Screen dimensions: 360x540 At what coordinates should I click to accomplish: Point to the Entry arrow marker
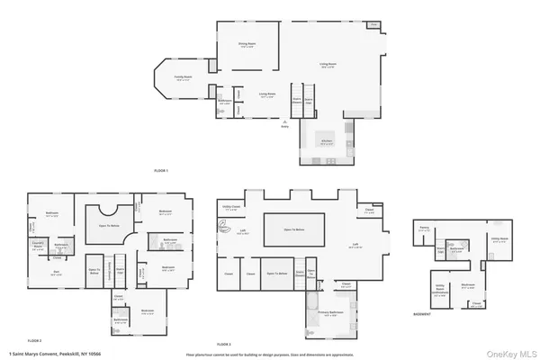click(x=285, y=122)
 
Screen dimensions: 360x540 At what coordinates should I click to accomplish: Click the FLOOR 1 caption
click(x=161, y=170)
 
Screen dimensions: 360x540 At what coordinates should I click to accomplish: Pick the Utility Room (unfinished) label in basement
click(x=440, y=291)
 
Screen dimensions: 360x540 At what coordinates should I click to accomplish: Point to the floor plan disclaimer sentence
click(x=270, y=355)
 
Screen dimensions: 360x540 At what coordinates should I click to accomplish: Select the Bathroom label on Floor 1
click(x=223, y=103)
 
